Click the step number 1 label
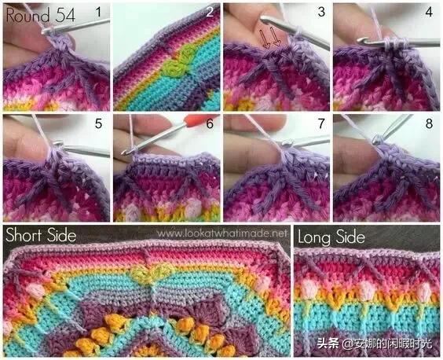[98, 12]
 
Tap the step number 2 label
[210, 12]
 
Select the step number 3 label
[321, 12]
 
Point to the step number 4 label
[429, 12]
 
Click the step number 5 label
[98, 124]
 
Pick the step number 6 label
[210, 124]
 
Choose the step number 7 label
[321, 124]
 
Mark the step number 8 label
[429, 124]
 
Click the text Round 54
[41, 15]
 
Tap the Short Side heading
[41, 235]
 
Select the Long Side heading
[331, 237]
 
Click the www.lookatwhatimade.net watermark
[222, 233]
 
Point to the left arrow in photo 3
[265, 39]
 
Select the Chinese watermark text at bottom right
[375, 343]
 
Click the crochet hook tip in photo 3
[263, 20]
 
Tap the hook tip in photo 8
[377, 139]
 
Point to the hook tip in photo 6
[123, 152]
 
